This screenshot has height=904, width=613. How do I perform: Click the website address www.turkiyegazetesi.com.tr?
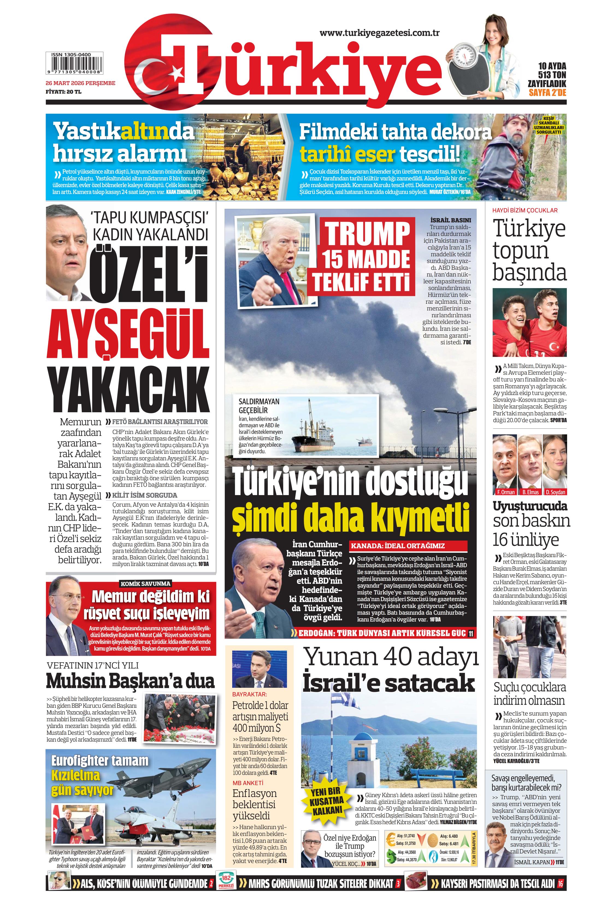(379, 33)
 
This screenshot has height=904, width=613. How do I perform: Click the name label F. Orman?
(506, 492)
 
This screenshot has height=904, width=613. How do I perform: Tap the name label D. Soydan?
(555, 492)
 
